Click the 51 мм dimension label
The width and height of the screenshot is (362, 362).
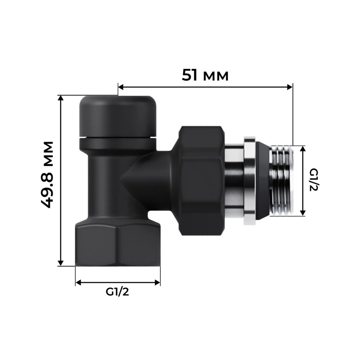(205, 75)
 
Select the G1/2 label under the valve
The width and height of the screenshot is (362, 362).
(118, 292)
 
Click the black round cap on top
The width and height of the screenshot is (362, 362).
(118, 115)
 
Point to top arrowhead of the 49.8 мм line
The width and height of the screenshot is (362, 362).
(61, 99)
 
